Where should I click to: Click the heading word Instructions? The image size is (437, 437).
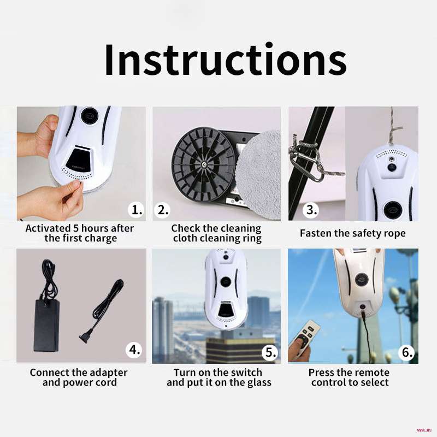click(x=225, y=60)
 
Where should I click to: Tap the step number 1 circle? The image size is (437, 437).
click(x=137, y=210)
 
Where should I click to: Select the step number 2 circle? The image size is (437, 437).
click(x=162, y=210)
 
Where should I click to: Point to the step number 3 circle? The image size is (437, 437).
click(x=311, y=210)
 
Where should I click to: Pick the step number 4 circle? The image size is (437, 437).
click(x=134, y=350)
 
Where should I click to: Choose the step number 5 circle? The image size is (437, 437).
click(x=270, y=352)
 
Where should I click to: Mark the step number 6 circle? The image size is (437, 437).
click(x=406, y=352)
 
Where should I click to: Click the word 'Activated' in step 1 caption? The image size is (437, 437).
click(x=48, y=228)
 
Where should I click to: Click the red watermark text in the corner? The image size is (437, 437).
click(x=424, y=430)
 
